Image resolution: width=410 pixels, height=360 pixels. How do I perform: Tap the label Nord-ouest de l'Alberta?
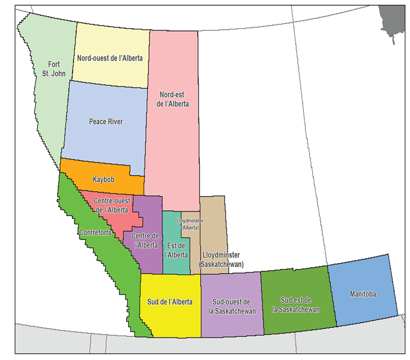coord(110,58)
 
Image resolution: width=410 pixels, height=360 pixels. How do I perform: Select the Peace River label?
coord(106,122)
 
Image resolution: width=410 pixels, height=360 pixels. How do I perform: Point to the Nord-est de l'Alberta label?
coord(173,99)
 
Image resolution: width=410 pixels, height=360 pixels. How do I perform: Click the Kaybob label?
coord(104,179)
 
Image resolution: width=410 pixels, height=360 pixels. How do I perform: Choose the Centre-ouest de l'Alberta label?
coord(111,205)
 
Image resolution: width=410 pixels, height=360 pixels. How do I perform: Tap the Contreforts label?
coord(95,232)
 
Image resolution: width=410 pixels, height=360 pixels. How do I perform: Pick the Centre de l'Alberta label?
coord(145,240)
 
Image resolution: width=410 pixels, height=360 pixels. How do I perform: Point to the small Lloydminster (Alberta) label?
coord(190,223)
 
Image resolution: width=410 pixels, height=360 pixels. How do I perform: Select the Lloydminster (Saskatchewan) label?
coord(221,260)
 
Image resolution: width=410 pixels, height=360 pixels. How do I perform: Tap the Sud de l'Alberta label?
coord(170,302)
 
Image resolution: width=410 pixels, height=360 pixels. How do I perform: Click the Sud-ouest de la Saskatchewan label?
coord(232,307)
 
